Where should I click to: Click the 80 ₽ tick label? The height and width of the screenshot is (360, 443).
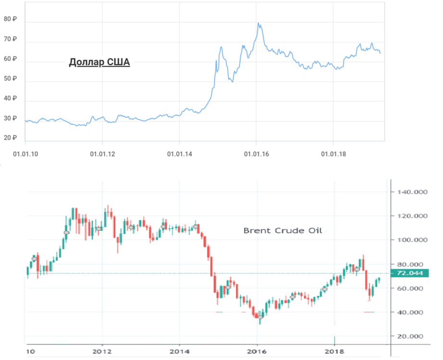pyautogui.click(x=11, y=19)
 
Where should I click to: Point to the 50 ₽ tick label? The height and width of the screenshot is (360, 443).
pyautogui.click(x=11, y=79)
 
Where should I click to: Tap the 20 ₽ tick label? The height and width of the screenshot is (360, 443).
pyautogui.click(x=11, y=138)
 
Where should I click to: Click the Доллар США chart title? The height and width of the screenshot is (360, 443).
pyautogui.click(x=99, y=62)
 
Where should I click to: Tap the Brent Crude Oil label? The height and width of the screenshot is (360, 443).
pyautogui.click(x=283, y=230)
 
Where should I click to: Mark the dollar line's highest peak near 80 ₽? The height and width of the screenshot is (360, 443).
pyautogui.click(x=258, y=23)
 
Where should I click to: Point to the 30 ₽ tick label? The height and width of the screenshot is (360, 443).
pyautogui.click(x=11, y=119)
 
